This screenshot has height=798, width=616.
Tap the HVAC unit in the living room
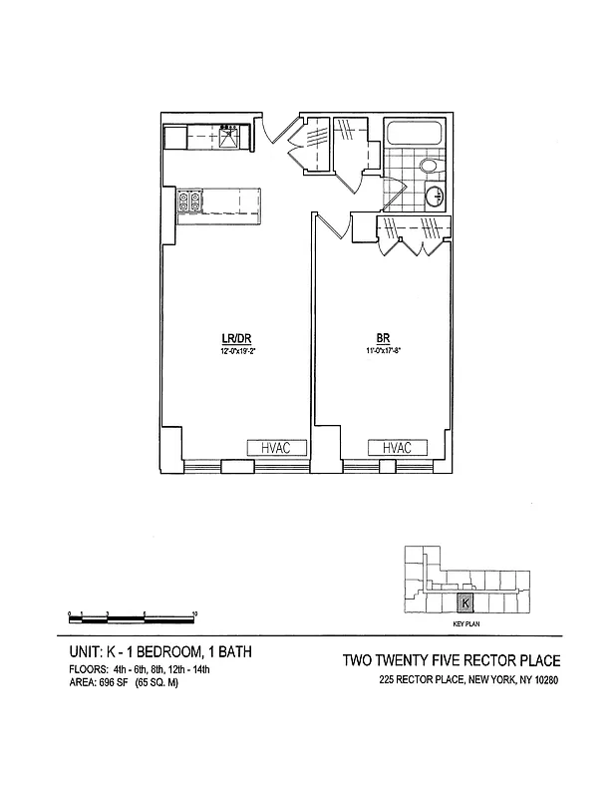(268, 448)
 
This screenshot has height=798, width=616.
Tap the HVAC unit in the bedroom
(397, 448)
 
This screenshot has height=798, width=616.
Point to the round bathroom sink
(436, 197)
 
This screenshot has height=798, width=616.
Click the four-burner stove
(189, 201)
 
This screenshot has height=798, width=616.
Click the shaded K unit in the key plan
(464, 603)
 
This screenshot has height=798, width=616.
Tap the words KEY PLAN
(465, 623)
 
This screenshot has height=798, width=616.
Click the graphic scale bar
(131, 612)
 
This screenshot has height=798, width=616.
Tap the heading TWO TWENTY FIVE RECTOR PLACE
(451, 660)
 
